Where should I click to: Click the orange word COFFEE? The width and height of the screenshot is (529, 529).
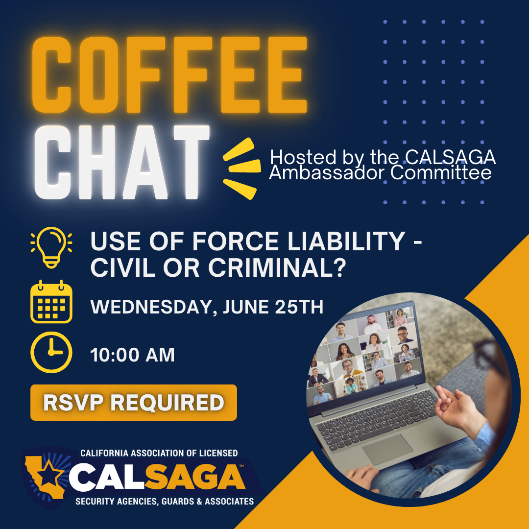(x=169, y=74)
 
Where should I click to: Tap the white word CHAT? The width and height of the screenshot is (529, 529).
(x=122, y=163)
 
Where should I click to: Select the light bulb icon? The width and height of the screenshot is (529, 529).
(x=51, y=247)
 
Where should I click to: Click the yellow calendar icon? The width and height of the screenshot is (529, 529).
(x=51, y=301)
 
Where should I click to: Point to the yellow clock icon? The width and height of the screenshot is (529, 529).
(x=51, y=352)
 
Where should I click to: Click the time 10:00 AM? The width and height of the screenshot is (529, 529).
(x=133, y=355)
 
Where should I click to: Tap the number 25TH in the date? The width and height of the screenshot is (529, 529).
(x=299, y=307)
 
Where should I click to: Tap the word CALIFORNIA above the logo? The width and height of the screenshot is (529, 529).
(x=105, y=453)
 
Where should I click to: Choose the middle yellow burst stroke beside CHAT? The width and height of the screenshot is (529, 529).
(x=244, y=167)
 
